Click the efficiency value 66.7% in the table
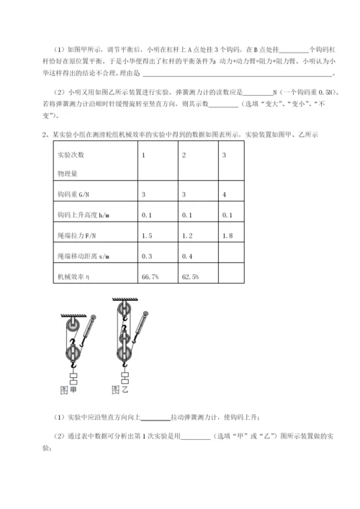pos(150,276)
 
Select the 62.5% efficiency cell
pos(190,276)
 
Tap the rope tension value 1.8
pos(228,235)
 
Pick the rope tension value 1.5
pos(147,235)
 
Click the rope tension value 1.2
pos(187,235)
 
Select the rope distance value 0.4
pos(187,256)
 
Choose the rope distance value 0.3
pos(147,256)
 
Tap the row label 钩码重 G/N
pos(73,195)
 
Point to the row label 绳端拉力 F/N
pos(76,235)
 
